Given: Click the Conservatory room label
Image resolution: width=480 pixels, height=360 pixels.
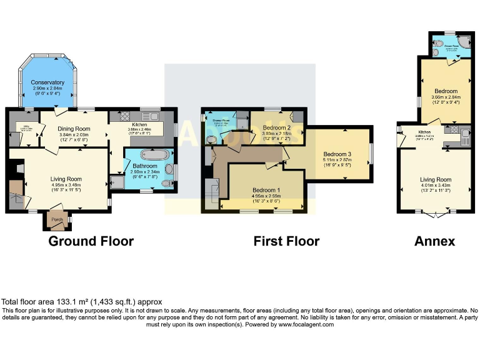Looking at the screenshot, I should [x=48, y=82].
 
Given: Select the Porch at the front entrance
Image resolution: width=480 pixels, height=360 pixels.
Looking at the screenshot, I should [x=57, y=220].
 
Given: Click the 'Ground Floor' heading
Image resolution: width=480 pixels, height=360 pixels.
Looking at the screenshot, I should [x=91, y=241].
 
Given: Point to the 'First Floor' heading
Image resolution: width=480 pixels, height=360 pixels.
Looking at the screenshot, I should [x=286, y=241].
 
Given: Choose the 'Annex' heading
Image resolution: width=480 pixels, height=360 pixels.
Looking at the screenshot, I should [x=435, y=241].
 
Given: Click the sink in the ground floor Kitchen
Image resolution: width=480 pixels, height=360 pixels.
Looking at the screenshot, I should [x=150, y=116].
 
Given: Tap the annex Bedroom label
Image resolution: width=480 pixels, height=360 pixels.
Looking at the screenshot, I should [x=446, y=91].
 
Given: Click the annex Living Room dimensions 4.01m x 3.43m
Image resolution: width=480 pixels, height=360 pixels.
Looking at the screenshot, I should [x=434, y=185].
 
